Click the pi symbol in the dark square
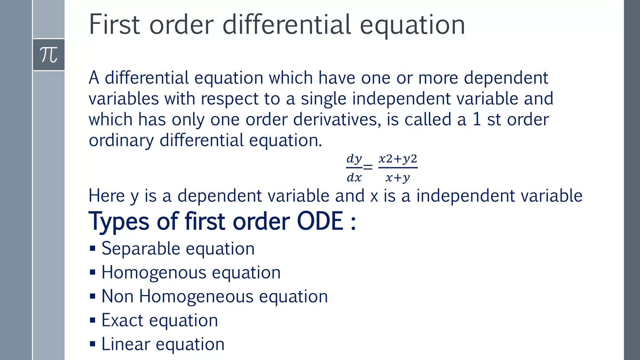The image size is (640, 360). tap(49, 55)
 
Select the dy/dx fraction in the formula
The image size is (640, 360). tap(354, 168)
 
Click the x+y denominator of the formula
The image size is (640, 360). tap(397, 178)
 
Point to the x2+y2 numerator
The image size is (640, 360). tap(398, 159)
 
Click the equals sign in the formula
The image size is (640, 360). tap(368, 168)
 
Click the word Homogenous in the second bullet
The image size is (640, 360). tap(154, 272)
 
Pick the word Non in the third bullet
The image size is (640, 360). tap(117, 296)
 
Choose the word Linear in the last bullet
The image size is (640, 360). tap(126, 344)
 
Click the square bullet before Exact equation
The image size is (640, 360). tap(92, 320)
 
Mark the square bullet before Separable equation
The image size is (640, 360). tap(92, 249)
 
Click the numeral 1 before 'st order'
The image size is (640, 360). tap(476, 119)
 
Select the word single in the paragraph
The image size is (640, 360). tap(323, 99)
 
